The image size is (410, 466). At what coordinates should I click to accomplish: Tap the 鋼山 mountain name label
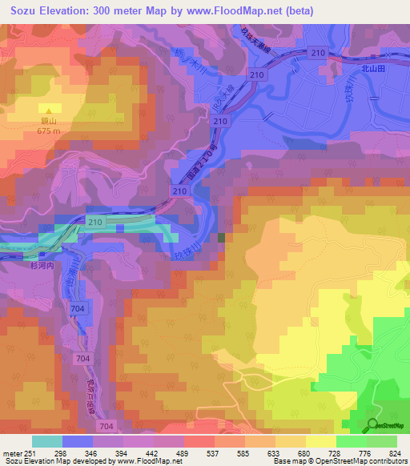click(x=50, y=123)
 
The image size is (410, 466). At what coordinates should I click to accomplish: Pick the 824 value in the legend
click(x=396, y=455)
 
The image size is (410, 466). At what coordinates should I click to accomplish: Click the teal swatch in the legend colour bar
click(x=46, y=441)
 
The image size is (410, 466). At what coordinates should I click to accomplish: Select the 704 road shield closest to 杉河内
click(x=77, y=307)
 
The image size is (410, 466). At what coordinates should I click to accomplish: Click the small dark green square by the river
click(x=221, y=238)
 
